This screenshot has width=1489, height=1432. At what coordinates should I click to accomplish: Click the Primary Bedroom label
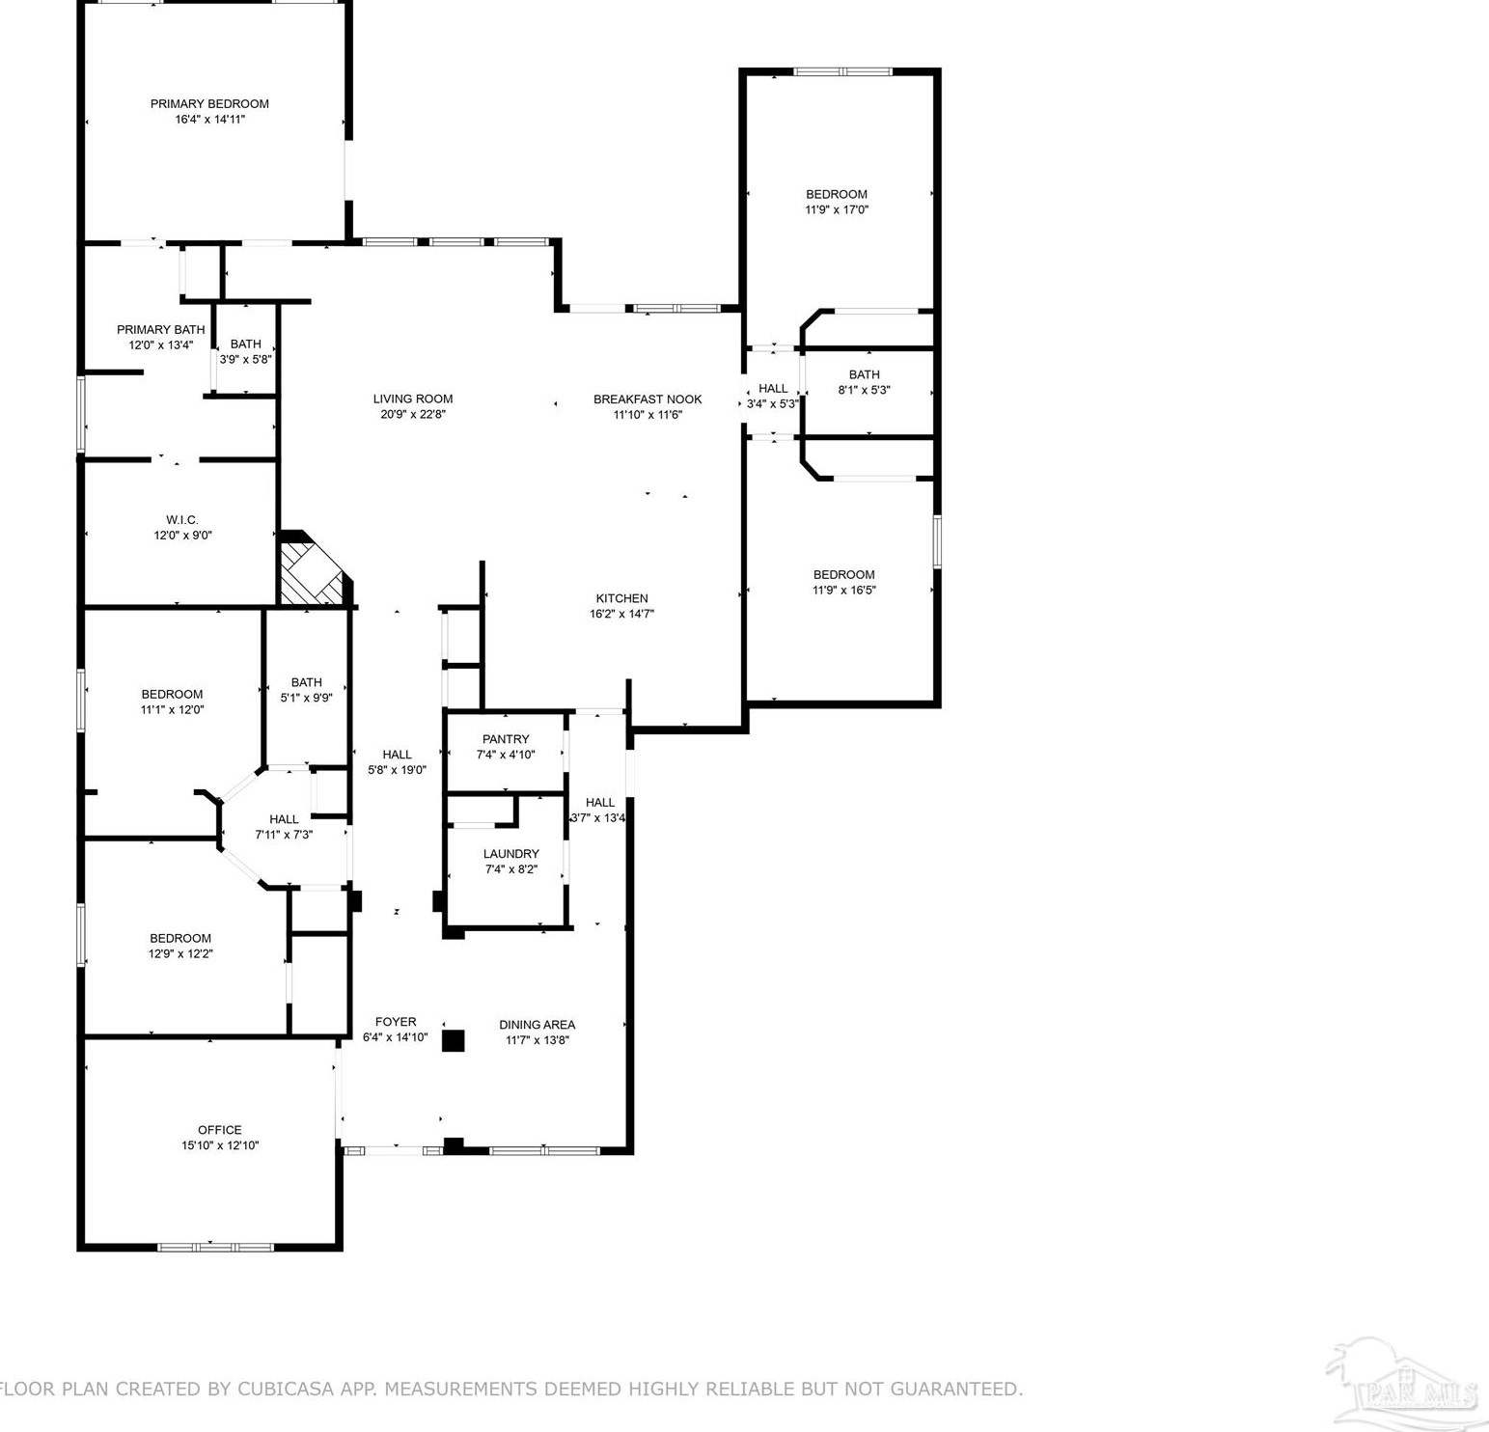click(x=209, y=104)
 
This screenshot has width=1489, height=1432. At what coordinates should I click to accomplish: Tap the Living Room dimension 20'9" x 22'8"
click(x=413, y=415)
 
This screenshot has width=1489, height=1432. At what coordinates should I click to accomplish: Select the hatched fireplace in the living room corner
click(x=312, y=575)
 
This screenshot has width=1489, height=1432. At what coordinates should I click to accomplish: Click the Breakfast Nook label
click(x=648, y=399)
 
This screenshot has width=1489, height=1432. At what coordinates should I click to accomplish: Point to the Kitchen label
click(x=621, y=598)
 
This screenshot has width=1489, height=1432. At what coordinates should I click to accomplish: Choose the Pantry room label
click(x=506, y=739)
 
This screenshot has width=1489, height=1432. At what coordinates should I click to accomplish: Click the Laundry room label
click(x=510, y=854)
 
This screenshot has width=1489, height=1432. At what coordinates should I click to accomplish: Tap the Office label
click(x=220, y=1130)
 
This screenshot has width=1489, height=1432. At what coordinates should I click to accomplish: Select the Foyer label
click(x=396, y=1022)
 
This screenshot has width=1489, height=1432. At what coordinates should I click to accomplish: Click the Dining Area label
click(x=538, y=1025)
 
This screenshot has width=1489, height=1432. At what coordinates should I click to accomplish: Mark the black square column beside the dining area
click(x=453, y=1040)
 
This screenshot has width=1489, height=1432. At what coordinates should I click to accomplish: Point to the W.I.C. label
click(x=182, y=520)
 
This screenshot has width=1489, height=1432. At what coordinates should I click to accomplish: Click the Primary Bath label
click(x=161, y=330)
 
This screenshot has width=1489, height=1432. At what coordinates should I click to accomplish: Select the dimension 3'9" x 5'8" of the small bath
click(x=246, y=359)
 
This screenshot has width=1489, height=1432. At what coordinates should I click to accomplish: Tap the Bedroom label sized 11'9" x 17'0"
click(x=837, y=194)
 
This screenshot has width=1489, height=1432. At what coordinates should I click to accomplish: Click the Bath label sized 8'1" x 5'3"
click(x=864, y=374)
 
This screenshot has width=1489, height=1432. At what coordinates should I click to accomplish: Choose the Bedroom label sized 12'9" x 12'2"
click(x=180, y=938)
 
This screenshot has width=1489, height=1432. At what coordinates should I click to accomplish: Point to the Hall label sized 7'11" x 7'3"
click(x=284, y=819)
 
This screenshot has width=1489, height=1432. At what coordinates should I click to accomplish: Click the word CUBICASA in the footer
click(x=285, y=1389)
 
